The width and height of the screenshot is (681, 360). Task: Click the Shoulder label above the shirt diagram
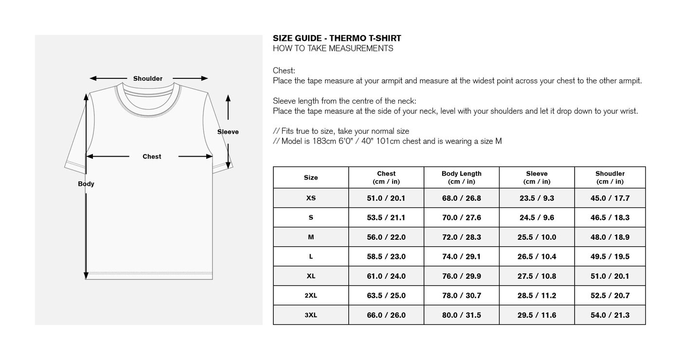click(148, 79)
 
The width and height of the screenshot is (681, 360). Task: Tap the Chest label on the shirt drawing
click(152, 157)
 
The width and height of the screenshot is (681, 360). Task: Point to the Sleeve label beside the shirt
click(228, 132)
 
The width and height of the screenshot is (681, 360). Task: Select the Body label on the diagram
click(86, 184)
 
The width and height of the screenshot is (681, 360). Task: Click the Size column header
click(311, 178)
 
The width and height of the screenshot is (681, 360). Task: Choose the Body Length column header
click(461, 178)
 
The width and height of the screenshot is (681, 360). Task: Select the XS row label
click(311, 198)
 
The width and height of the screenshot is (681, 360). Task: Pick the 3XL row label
click(311, 315)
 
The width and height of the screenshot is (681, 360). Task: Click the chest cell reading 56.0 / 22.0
click(386, 237)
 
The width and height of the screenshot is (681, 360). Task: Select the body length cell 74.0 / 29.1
click(461, 257)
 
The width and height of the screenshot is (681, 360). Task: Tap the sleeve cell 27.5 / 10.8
click(537, 276)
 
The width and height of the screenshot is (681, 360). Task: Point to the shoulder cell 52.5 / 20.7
click(609, 296)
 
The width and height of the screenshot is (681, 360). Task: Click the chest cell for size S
click(386, 218)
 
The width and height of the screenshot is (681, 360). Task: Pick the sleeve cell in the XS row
click(537, 198)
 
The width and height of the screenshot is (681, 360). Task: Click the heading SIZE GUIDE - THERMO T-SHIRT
click(337, 38)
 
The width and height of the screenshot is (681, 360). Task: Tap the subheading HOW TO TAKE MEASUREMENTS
click(333, 49)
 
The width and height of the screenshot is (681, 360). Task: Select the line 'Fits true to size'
click(341, 131)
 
